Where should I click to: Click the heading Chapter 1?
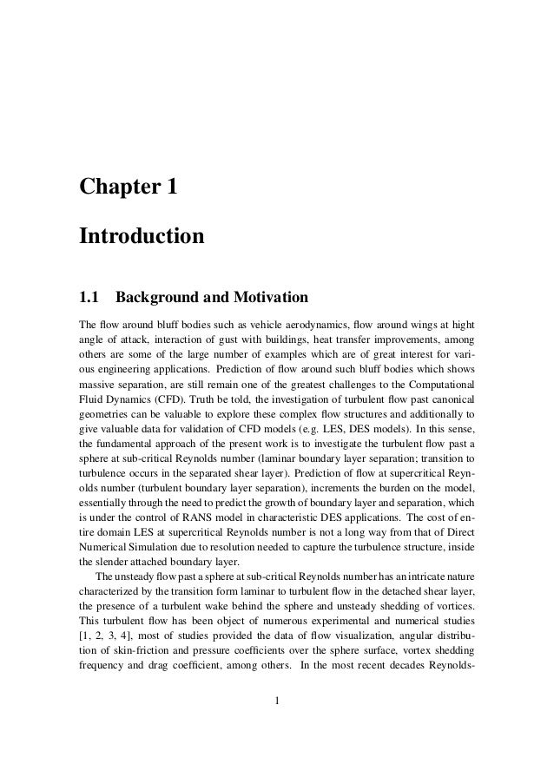coord(129,186)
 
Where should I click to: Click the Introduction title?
coord(142,235)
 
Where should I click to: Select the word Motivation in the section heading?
coord(268,299)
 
